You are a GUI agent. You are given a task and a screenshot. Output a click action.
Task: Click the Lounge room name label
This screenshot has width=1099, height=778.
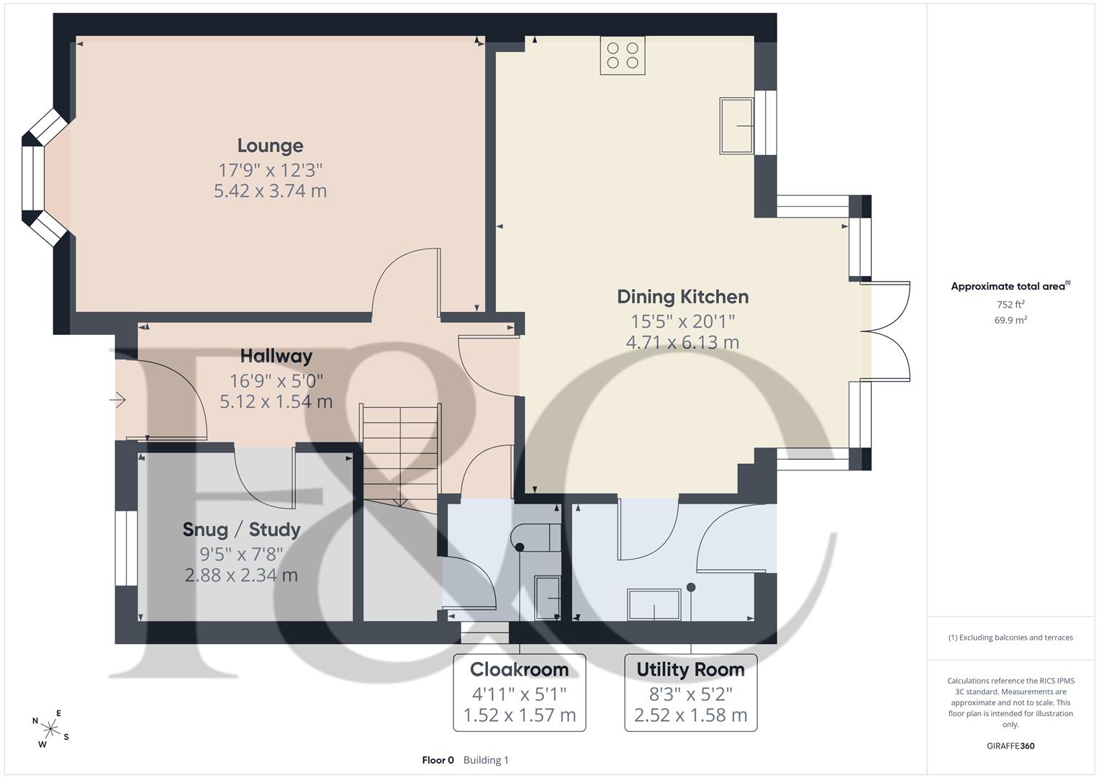coord(271,146)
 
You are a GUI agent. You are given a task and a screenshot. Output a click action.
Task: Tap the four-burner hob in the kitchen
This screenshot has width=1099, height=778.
coord(623,55)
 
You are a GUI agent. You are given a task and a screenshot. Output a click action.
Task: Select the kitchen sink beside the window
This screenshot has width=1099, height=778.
coord(736,126)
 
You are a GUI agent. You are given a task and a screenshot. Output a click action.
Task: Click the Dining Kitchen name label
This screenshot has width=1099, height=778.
coord(682,297)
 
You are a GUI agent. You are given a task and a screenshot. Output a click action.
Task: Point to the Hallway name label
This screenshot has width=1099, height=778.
coord(276,356)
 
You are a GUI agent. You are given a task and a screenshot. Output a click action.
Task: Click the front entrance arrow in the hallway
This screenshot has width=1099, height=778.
coord(117,401)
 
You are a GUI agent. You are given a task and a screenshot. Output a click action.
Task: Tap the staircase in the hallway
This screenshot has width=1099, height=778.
coord(400,455)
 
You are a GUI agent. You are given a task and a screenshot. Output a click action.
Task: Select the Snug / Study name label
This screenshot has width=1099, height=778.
coord(241,529)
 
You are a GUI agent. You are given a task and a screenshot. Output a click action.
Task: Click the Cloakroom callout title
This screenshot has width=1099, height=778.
coord(519,669)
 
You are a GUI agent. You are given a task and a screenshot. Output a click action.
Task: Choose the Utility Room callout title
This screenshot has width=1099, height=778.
coord(690,669)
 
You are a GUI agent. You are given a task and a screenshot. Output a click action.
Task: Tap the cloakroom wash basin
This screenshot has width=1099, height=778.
coord(547,598)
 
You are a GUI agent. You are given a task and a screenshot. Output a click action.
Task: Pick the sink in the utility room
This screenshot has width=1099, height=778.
coord(654,604)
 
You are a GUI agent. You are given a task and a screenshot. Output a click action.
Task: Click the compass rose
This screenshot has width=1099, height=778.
coord(50,729)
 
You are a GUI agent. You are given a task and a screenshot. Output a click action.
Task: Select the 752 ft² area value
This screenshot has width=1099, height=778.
coord(1010,305)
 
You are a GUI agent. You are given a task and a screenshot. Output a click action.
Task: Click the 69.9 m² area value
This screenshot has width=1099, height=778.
coord(1010,321)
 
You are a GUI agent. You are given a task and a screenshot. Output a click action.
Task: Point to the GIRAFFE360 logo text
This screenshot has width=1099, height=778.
coord(1010,746)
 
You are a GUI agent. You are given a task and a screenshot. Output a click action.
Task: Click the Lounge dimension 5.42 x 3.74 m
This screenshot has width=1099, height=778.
coord(271,191)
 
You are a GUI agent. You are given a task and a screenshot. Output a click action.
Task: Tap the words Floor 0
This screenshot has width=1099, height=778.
coord(438,760)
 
